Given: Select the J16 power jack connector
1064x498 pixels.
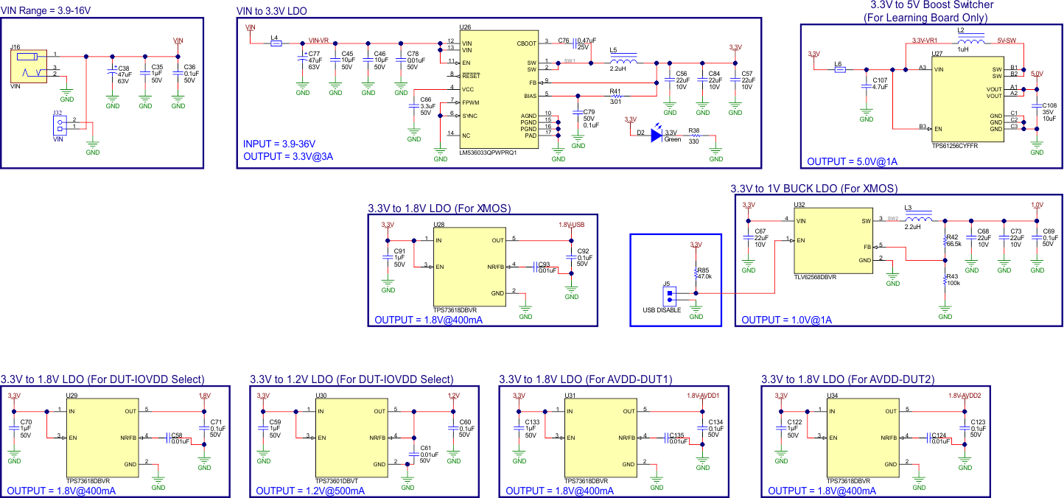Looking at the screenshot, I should [28, 66].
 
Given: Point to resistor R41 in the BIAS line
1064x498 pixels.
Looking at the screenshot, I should [617, 96].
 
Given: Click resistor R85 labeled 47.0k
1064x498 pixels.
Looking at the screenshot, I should [696, 273].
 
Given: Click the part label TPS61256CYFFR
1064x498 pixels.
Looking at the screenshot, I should [956, 147].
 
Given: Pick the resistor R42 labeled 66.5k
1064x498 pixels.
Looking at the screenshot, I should [945, 241].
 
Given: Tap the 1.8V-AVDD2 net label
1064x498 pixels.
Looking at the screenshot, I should [964, 396].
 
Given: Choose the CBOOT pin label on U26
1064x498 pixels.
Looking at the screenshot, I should [527, 43].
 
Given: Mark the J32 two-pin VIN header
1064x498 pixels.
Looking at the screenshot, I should [57, 126].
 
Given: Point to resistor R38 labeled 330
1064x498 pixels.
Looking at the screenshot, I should [693, 136].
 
